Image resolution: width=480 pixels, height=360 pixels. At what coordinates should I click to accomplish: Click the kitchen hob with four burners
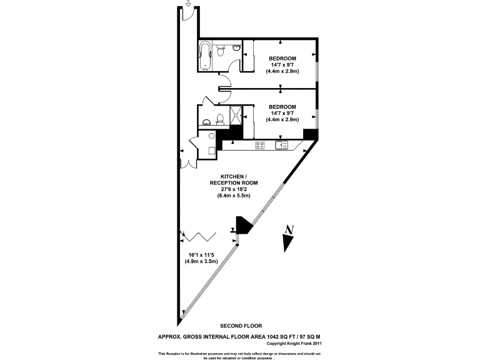pyautogui.click(x=259, y=146)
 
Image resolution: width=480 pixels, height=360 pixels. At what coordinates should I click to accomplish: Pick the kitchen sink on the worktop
pyautogui.click(x=281, y=146)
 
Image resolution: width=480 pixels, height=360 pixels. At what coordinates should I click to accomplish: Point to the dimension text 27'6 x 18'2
pyautogui.click(x=234, y=189)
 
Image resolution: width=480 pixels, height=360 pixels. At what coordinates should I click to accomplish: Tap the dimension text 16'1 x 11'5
pyautogui.click(x=202, y=255)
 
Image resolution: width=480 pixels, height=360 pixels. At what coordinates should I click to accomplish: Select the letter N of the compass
pyautogui.click(x=287, y=229)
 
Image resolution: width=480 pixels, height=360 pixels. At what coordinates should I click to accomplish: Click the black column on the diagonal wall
pyautogui.click(x=242, y=224)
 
